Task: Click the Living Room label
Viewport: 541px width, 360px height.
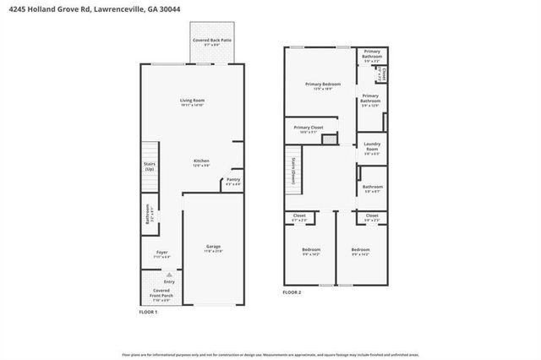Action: (192, 103)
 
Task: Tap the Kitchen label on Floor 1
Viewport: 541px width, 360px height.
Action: (201, 163)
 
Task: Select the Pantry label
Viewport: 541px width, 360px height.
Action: (233, 182)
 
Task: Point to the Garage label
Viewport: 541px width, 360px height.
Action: (213, 248)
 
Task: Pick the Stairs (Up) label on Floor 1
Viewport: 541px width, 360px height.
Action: (150, 167)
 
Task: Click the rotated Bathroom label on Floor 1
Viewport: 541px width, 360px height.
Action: (148, 213)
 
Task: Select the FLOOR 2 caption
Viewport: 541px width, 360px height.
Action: (292, 292)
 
